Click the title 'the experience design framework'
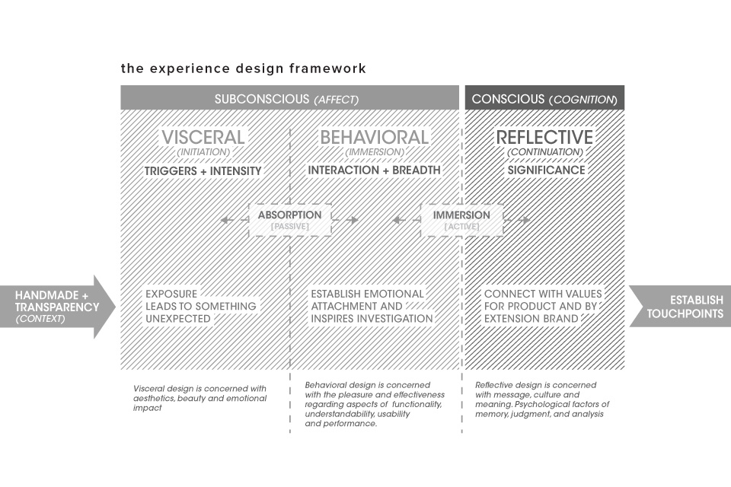244,68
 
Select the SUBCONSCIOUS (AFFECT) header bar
289,97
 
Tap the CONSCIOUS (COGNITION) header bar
544,97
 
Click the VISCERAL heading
203,137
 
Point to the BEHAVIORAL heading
375,137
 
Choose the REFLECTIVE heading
544,137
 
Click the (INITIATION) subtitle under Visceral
203,152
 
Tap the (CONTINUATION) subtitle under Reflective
545,152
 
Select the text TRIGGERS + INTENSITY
203,171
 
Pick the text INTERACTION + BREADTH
374,170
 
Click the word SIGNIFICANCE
546,170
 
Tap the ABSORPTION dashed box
290,219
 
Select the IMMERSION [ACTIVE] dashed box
461,219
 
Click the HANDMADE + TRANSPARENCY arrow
58,307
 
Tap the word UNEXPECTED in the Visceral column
178,319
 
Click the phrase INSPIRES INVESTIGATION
372,319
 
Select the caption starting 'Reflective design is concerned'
542,399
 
